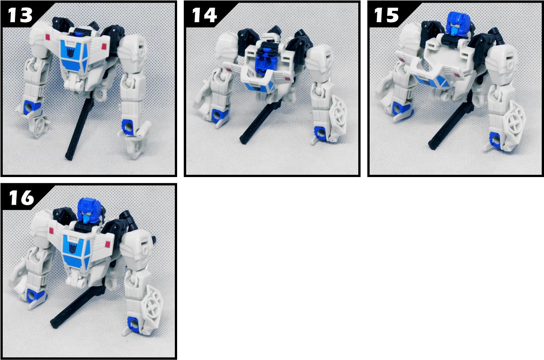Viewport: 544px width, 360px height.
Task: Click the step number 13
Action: pyautogui.click(x=20, y=15)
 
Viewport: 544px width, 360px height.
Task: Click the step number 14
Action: pyautogui.click(x=204, y=15)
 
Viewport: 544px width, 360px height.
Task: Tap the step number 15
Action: pyautogui.click(x=386, y=15)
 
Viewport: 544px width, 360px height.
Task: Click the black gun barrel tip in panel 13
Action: pyautogui.click(x=68, y=157)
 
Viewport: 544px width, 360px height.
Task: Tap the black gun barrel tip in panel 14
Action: pyautogui.click(x=243, y=140)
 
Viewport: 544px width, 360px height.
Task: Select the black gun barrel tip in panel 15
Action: pyautogui.click(x=432, y=145)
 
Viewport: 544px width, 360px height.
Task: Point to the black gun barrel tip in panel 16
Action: pyautogui.click(x=54, y=324)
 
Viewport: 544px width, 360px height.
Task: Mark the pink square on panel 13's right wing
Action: pyautogui.click(x=105, y=46)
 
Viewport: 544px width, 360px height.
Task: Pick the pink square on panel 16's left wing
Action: pyautogui.click(x=51, y=230)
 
